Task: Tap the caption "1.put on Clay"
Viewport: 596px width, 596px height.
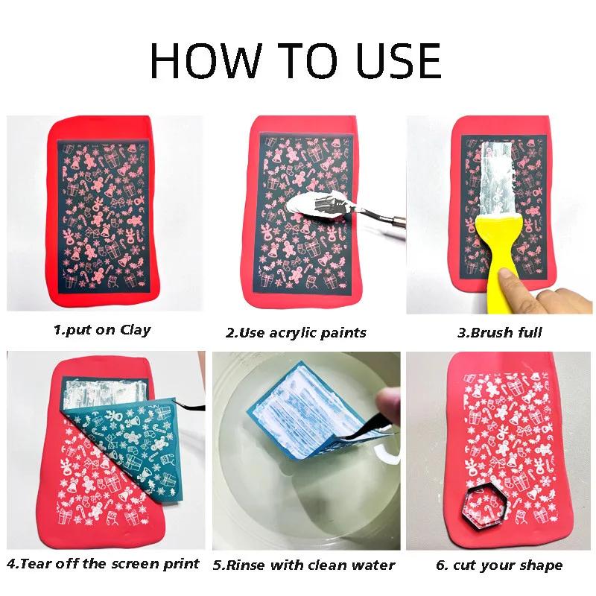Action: pos(101,329)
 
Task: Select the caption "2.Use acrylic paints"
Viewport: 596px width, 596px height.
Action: pos(296,332)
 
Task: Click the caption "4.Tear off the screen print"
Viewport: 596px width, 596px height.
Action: pos(104,563)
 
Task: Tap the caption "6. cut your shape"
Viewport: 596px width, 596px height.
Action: pos(499,565)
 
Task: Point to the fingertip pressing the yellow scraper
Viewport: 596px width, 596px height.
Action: pos(514,281)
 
